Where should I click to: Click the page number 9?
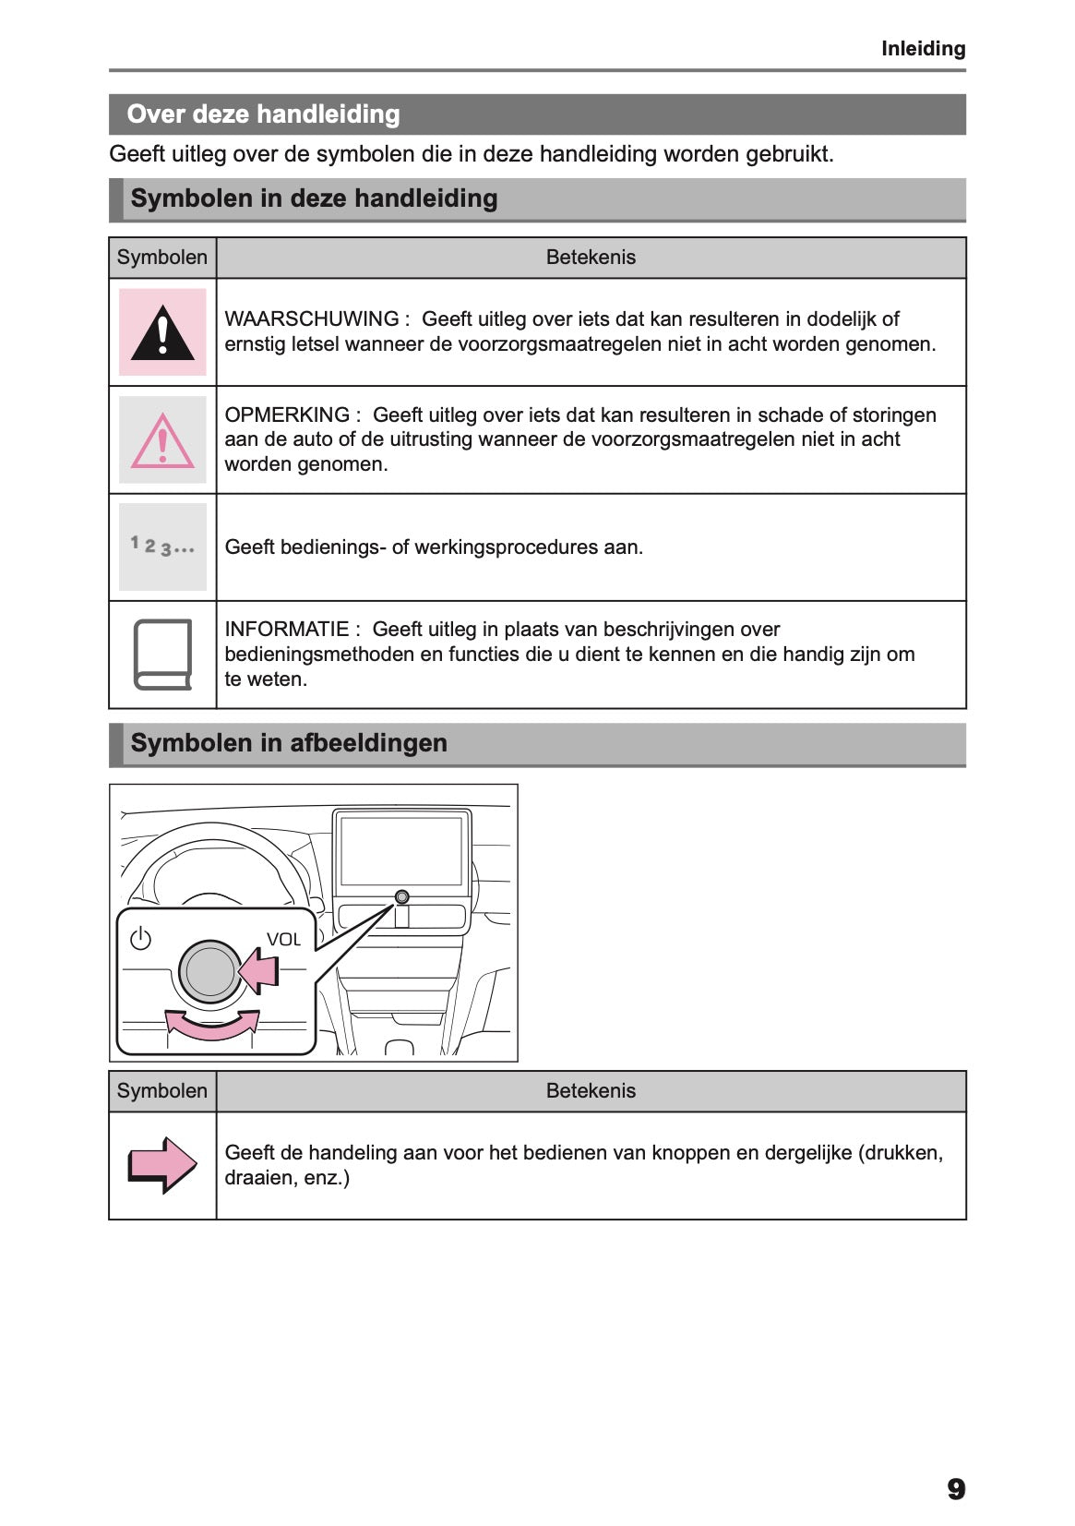tap(956, 1489)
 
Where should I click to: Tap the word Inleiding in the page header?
tap(923, 49)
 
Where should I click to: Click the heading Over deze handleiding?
tap(263, 114)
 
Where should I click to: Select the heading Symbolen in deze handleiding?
tap(314, 198)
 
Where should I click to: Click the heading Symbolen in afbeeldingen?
tap(289, 743)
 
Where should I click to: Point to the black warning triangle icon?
tap(162, 333)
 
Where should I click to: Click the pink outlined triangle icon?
tap(162, 440)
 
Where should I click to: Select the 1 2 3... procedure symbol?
tap(162, 547)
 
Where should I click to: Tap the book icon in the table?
tap(163, 655)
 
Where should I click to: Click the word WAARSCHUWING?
tap(312, 319)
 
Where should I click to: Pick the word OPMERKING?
tap(287, 415)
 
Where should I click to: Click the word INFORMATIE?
tap(287, 630)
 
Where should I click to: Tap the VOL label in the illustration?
tap(283, 940)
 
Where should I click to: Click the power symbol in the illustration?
tap(140, 939)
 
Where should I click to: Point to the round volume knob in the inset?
tap(210, 972)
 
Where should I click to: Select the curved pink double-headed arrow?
tap(212, 1025)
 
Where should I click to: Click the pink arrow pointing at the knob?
tap(259, 972)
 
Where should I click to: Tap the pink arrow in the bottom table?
tap(162, 1165)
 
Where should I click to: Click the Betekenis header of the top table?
tap(591, 258)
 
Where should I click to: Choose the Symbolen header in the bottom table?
tap(162, 1091)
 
